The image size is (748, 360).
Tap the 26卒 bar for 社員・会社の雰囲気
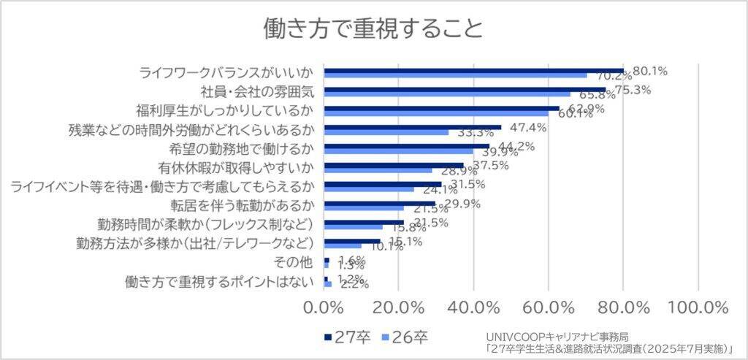[x=447, y=94]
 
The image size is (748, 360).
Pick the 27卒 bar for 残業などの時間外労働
[x=412, y=126]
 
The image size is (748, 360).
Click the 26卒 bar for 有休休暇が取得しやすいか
[x=378, y=170]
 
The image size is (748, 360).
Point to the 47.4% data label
[x=528, y=128]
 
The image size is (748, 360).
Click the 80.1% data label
[x=650, y=71]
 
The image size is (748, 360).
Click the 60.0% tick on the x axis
[x=549, y=305]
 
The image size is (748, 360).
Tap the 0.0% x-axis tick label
[x=323, y=305]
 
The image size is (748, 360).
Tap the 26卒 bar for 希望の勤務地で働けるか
[x=398, y=151]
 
